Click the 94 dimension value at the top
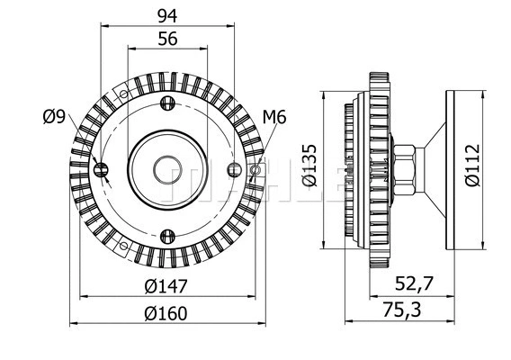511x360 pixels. (x=167, y=15)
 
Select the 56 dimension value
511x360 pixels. (x=167, y=38)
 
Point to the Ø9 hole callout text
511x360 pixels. (x=53, y=116)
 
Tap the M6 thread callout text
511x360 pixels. (x=273, y=116)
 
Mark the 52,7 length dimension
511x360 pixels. (x=416, y=285)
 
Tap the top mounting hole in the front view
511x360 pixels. (x=167, y=103)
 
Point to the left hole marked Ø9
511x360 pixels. (x=102, y=169)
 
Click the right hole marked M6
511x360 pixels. (x=256, y=169)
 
